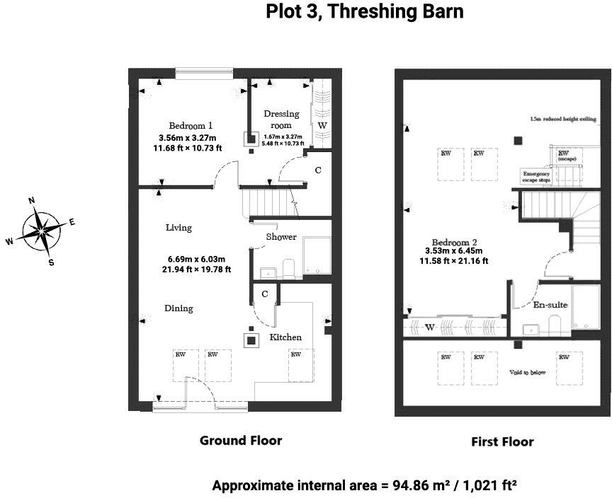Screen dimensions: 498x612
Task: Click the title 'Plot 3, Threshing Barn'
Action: (365, 12)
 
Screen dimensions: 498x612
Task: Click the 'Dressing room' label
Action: (281, 119)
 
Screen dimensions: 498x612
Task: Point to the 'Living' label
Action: (178, 228)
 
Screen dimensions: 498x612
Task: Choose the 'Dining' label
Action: (178, 308)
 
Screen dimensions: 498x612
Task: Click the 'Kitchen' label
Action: (285, 337)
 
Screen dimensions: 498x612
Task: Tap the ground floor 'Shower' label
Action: (281, 237)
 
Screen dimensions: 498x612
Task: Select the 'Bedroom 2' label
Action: (454, 241)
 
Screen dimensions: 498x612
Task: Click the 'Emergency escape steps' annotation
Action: (536, 177)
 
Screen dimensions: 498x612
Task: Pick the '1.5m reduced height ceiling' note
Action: (563, 119)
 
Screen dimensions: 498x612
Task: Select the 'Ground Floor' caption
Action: (241, 441)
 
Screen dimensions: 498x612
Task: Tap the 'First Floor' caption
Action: (502, 442)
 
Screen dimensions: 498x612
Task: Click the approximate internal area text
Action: (364, 486)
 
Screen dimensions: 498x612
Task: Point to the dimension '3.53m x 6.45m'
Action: (453, 250)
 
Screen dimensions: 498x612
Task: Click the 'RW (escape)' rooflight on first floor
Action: (565, 156)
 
